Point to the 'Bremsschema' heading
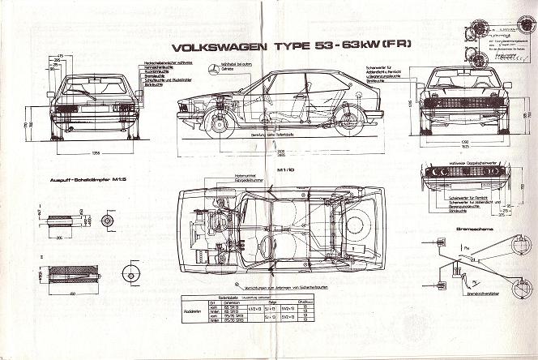coord(457,229)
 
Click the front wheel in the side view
coord(217,122)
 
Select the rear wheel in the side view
coord(351,122)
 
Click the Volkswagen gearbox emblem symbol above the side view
coord(213,71)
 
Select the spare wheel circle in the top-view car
coord(354,225)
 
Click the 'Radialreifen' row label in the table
coord(192,309)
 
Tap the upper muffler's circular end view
coord(107,221)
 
